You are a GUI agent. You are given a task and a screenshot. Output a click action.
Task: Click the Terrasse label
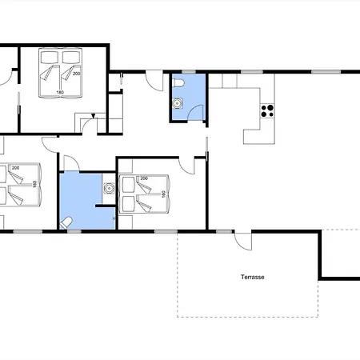[x=253, y=277]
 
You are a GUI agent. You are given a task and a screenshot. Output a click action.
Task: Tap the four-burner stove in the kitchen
[x=267, y=111]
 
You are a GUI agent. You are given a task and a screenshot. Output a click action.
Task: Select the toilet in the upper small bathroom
[x=178, y=83]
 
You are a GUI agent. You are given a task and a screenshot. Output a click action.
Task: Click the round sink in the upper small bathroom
[x=177, y=103]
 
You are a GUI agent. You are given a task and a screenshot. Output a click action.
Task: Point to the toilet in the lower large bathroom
[x=66, y=223]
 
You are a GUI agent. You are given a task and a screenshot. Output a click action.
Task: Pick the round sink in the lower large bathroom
[x=109, y=188]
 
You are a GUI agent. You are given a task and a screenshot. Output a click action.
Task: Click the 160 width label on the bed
[x=164, y=194]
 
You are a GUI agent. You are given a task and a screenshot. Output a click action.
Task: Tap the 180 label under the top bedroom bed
[x=60, y=93]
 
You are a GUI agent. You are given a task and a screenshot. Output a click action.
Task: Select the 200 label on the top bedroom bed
[x=77, y=74]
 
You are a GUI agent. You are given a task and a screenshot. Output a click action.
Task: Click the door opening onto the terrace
[x=242, y=242]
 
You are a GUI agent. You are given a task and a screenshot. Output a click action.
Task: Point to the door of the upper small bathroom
[x=196, y=112]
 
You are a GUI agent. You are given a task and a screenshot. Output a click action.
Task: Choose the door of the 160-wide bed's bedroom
[x=187, y=166]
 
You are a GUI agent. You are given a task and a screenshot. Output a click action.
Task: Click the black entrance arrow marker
[x=93, y=116]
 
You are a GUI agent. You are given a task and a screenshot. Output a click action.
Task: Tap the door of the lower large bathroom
[x=71, y=163]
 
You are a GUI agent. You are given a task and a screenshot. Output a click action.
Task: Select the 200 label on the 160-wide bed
[x=144, y=178]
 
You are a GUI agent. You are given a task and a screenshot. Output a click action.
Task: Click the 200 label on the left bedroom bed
[x=15, y=168]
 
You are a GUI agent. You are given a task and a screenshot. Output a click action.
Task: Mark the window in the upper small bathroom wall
[x=189, y=72]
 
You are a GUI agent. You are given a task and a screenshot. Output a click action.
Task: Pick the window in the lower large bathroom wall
[x=74, y=231]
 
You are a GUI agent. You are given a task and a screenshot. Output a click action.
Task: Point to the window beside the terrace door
[x=224, y=231]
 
